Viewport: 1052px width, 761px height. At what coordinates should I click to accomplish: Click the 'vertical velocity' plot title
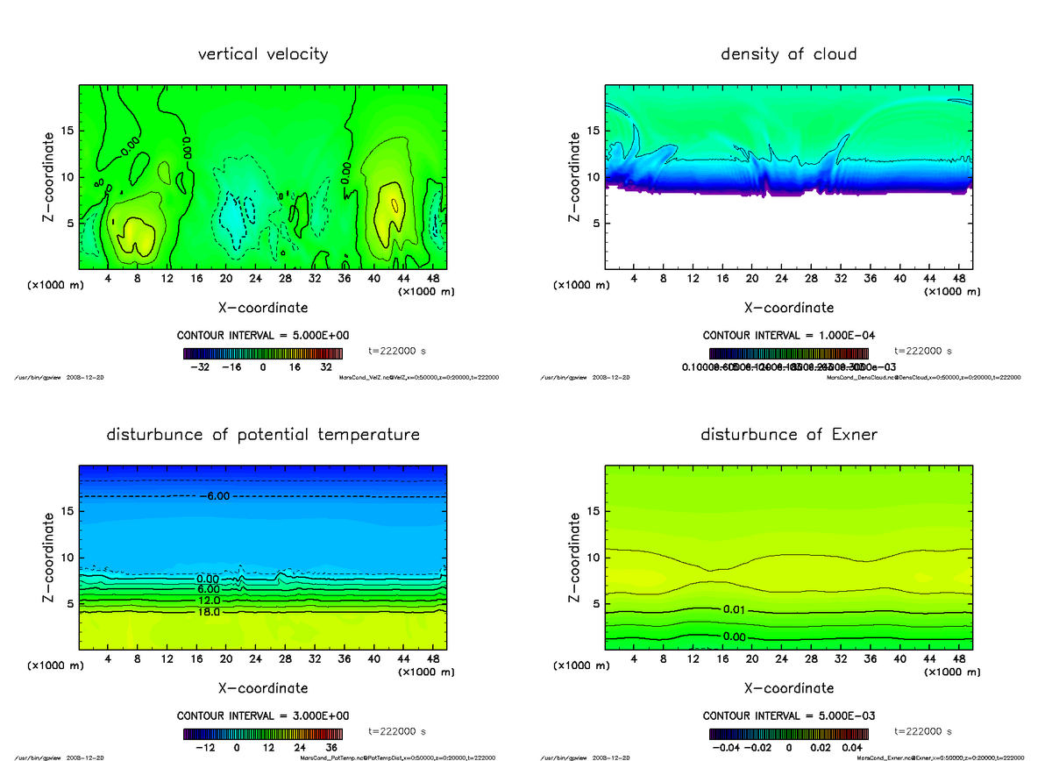pyautogui.click(x=263, y=54)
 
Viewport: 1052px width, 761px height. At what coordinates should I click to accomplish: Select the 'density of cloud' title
pyautogui.click(x=788, y=54)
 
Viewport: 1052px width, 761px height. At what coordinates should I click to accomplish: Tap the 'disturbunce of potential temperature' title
pyautogui.click(x=263, y=435)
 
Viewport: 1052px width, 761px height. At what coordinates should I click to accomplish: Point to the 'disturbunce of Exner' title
pyautogui.click(x=788, y=435)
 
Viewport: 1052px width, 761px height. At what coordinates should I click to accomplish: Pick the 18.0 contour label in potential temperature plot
pyautogui.click(x=209, y=612)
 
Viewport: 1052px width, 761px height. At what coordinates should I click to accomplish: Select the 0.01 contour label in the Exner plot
pyautogui.click(x=735, y=609)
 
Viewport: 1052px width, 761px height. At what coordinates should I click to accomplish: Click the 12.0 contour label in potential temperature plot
pyautogui.click(x=209, y=601)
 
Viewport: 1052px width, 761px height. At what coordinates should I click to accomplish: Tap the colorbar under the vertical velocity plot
pyautogui.click(x=263, y=353)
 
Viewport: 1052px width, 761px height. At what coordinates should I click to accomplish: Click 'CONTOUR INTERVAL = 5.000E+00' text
pyautogui.click(x=263, y=336)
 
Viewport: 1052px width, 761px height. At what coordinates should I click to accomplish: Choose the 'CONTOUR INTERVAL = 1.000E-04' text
pyautogui.click(x=788, y=336)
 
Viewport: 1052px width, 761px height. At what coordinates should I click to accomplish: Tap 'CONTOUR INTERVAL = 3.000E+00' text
pyautogui.click(x=263, y=715)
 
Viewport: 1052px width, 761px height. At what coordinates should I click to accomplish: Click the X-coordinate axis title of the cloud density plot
pyautogui.click(x=788, y=308)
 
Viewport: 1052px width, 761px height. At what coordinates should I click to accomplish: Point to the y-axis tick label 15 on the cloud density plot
pyautogui.click(x=593, y=131)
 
